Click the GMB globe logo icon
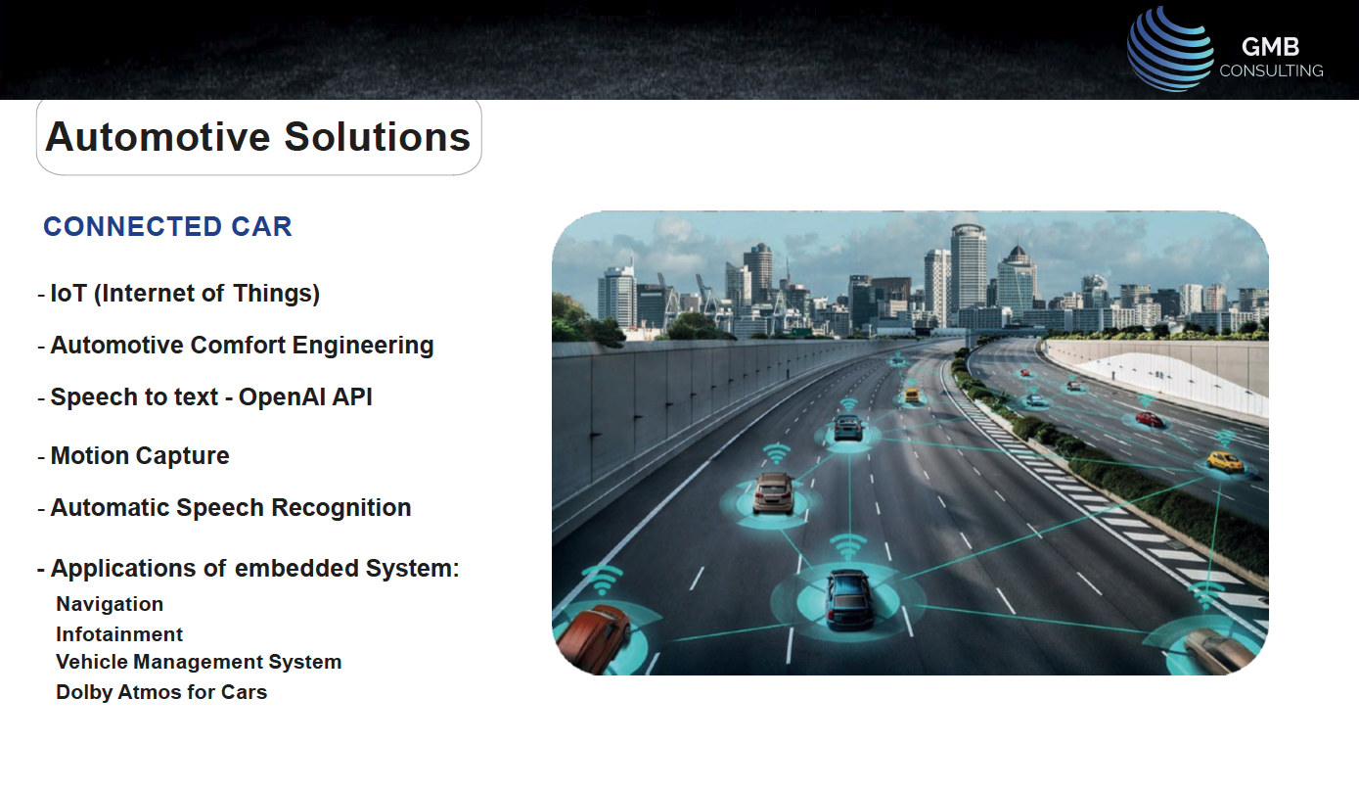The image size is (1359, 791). (1170, 49)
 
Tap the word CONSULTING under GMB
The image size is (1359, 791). (1271, 71)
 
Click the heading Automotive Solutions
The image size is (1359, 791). (258, 137)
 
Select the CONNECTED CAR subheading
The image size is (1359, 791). (167, 226)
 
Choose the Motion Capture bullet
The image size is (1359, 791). (133, 455)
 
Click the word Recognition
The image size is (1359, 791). (340, 507)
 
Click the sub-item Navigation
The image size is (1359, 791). (110, 604)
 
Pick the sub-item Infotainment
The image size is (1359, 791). (119, 634)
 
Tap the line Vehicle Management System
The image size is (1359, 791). (199, 662)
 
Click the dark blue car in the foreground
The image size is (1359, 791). (848, 600)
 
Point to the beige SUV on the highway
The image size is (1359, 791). (773, 493)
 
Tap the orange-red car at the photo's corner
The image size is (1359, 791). (592, 637)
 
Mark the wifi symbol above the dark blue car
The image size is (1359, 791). (847, 547)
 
